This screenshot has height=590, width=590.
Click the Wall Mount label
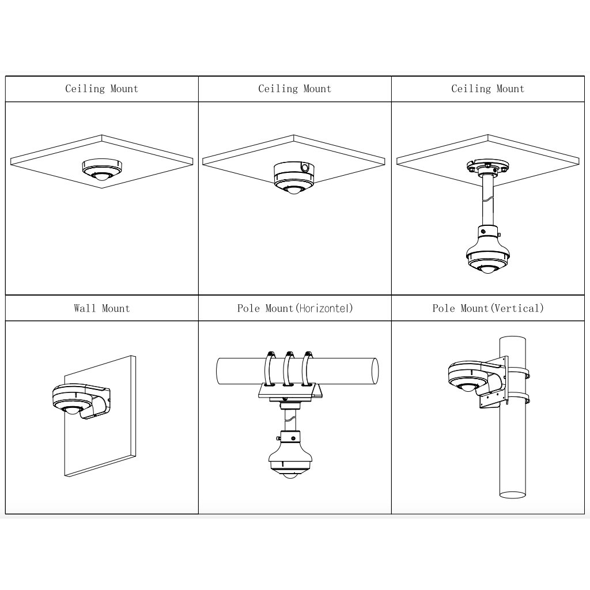click(x=102, y=308)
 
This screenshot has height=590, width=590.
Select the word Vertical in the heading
click(x=516, y=308)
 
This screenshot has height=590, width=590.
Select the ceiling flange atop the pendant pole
click(x=487, y=167)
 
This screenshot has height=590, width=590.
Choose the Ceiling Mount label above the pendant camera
click(x=487, y=89)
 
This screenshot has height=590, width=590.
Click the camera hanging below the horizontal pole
click(x=291, y=458)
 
